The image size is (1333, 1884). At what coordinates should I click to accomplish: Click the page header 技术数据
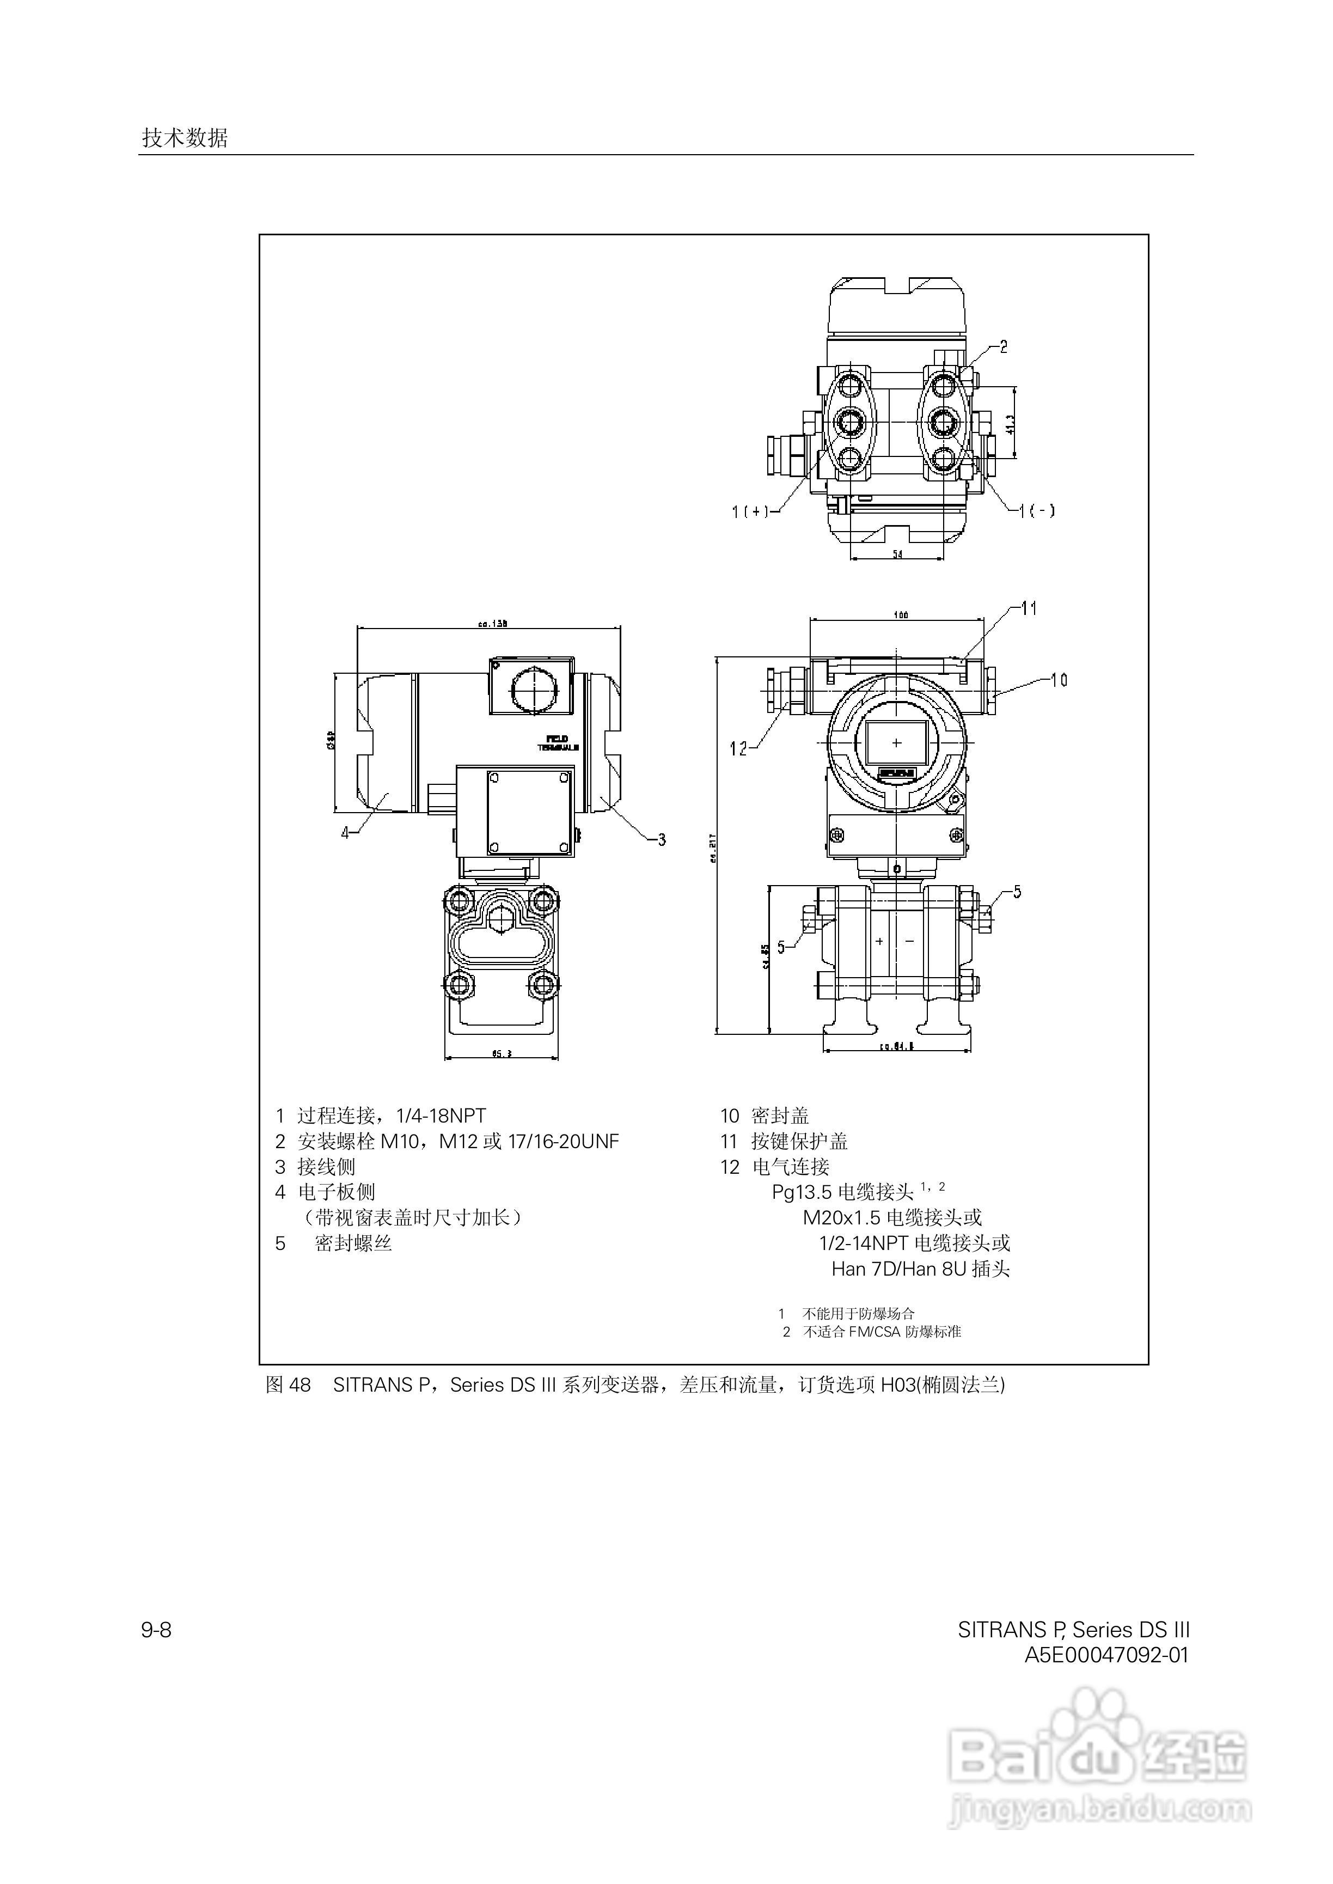tap(185, 138)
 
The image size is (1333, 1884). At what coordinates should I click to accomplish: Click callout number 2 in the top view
tap(1003, 346)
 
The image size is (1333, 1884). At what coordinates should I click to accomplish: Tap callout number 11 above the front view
tap(1029, 608)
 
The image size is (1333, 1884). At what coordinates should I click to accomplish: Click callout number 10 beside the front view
tap(1059, 680)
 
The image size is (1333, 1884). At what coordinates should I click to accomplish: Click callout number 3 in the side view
tap(662, 839)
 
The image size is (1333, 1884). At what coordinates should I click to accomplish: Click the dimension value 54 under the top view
tap(897, 555)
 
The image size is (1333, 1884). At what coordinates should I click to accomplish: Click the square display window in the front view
tap(896, 743)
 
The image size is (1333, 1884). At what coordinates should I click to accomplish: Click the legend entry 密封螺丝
tap(353, 1243)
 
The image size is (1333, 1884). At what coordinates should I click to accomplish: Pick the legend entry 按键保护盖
tap(799, 1141)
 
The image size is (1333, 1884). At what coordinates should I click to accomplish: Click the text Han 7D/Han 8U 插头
tap(920, 1269)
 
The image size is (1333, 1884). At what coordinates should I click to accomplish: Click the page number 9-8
tap(156, 1630)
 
